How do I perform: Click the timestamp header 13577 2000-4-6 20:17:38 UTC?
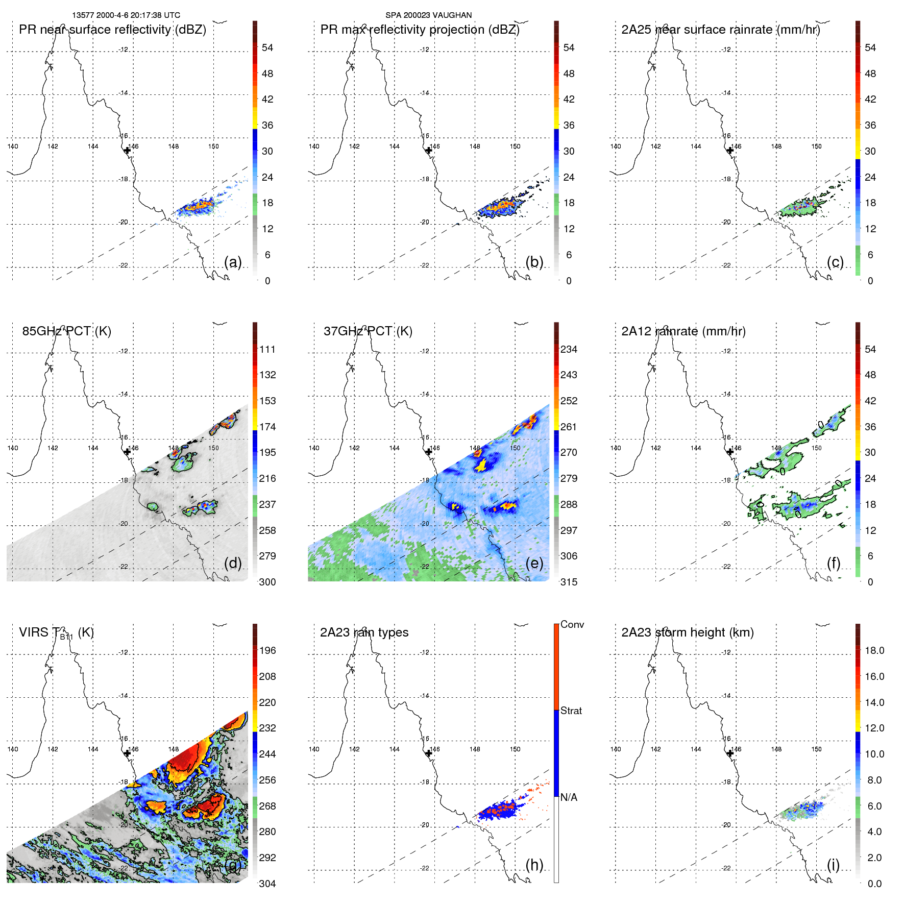(x=126, y=15)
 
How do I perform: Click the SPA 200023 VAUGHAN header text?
(x=428, y=15)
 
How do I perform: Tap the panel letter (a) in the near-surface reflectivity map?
(x=233, y=262)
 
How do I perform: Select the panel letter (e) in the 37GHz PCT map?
(x=534, y=563)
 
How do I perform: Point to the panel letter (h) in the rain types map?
(x=534, y=865)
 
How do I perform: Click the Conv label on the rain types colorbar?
(x=572, y=624)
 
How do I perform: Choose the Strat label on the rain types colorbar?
(x=571, y=711)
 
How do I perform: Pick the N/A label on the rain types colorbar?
(x=569, y=797)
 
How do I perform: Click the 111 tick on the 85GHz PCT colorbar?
(x=267, y=349)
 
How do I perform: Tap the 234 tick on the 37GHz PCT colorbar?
(x=569, y=349)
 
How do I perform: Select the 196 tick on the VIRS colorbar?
(x=267, y=650)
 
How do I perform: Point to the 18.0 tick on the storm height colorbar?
(x=874, y=650)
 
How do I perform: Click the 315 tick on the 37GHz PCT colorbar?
(x=569, y=582)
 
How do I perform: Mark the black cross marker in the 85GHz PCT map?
(x=127, y=452)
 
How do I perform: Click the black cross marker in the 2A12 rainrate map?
(x=730, y=452)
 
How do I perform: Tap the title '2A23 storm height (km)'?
(x=687, y=632)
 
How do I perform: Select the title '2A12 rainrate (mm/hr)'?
(x=683, y=331)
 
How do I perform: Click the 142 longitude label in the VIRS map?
(x=53, y=749)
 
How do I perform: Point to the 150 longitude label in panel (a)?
(x=213, y=146)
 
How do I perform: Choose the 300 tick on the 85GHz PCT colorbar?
(x=267, y=582)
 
